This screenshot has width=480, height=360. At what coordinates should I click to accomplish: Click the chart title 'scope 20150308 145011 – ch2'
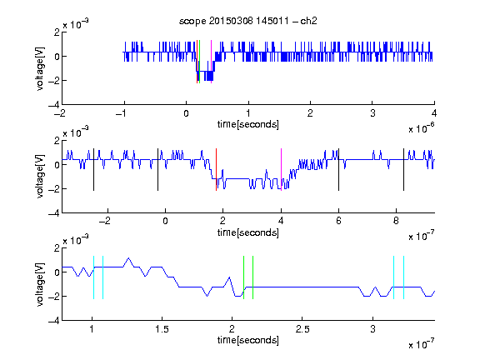(x=248, y=21)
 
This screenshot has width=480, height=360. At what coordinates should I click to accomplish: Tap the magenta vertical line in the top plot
(x=211, y=62)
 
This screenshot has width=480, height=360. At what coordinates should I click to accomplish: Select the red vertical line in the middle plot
(x=216, y=170)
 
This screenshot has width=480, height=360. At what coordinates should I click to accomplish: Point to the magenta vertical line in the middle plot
(x=281, y=170)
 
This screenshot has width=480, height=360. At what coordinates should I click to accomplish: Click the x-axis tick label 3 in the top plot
(x=372, y=113)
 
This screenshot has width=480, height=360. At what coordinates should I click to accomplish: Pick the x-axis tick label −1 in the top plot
(x=122, y=113)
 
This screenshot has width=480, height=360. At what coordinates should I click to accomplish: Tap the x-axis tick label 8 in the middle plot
(x=396, y=221)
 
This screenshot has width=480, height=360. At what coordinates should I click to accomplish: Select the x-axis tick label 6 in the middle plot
(x=338, y=221)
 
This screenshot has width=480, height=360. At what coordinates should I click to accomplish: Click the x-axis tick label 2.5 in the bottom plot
(x=302, y=329)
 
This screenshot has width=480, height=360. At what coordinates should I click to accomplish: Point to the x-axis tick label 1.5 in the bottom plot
(x=162, y=329)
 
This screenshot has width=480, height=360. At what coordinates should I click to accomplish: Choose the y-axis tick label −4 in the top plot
(x=54, y=105)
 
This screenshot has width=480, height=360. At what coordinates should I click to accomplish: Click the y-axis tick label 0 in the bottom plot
(x=57, y=272)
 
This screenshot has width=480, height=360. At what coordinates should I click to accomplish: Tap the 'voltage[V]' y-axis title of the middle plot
(x=40, y=177)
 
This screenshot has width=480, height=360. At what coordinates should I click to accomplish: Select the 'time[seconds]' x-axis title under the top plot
(x=248, y=124)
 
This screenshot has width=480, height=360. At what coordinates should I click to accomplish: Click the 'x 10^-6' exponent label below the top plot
(x=422, y=128)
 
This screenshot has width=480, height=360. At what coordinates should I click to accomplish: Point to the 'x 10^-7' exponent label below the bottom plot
(x=422, y=344)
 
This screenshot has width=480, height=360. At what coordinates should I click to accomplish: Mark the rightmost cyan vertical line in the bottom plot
(x=403, y=277)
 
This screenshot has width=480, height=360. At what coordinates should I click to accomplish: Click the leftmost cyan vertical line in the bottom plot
(x=93, y=277)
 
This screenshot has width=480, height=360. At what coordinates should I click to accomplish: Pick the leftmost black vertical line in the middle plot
(x=93, y=170)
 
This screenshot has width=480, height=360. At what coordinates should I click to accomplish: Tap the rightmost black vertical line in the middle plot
(x=403, y=170)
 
